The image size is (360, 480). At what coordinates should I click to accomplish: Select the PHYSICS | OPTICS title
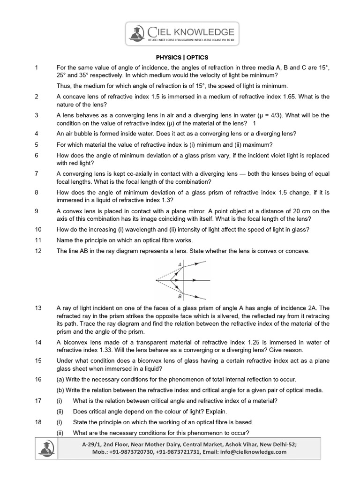[180, 58]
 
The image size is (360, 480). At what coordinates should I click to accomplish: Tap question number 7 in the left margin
[36, 173]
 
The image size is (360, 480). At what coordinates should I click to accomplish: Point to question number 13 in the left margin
[38, 308]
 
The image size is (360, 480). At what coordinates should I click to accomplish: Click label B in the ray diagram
[180, 296]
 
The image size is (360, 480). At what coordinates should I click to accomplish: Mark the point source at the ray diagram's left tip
[157, 280]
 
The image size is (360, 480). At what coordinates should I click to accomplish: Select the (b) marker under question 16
[61, 390]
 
